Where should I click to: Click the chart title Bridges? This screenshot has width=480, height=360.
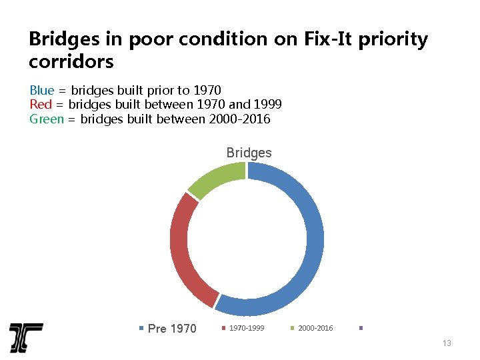pyautogui.click(x=249, y=153)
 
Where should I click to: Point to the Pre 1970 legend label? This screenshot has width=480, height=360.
pyautogui.click(x=172, y=328)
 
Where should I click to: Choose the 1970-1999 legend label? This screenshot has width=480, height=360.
pyautogui.click(x=247, y=328)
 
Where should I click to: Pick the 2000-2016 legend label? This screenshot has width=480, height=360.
pyautogui.click(x=315, y=328)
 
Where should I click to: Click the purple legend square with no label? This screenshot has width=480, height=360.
pyautogui.click(x=361, y=327)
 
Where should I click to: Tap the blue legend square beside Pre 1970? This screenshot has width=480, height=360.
pyautogui.click(x=141, y=328)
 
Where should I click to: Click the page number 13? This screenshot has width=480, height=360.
pyautogui.click(x=447, y=343)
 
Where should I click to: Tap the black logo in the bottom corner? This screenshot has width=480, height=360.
pyautogui.click(x=26, y=337)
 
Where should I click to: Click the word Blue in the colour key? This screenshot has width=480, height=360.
pyautogui.click(x=41, y=90)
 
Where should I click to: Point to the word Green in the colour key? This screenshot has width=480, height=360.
pyautogui.click(x=47, y=119)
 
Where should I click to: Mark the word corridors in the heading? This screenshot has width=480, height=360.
pyautogui.click(x=71, y=63)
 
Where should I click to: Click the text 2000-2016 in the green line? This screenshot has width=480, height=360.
pyautogui.click(x=239, y=119)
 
